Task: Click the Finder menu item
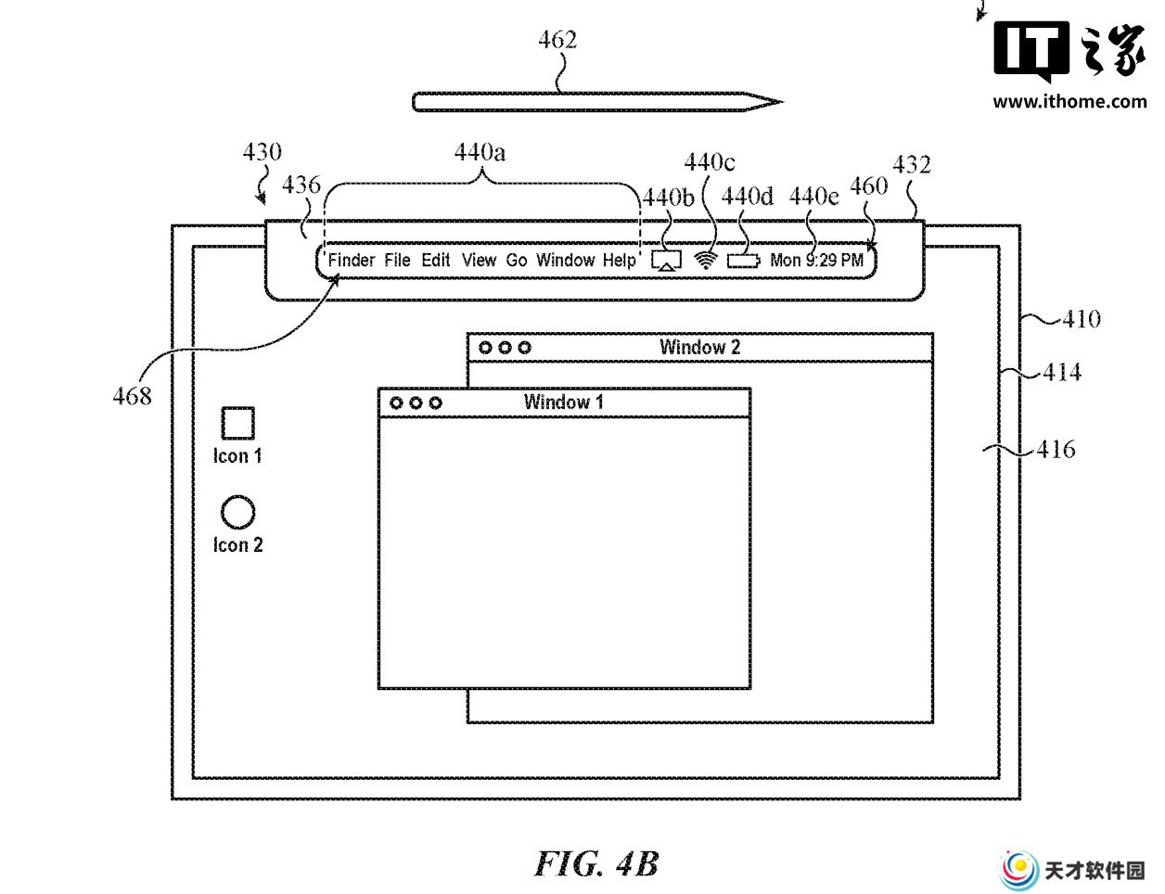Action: click(x=352, y=260)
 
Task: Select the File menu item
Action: click(x=397, y=260)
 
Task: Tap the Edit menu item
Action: click(x=435, y=260)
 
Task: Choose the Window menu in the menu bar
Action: click(x=566, y=260)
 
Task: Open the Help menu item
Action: click(x=620, y=261)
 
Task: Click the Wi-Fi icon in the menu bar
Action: click(x=706, y=261)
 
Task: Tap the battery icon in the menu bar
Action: click(x=744, y=261)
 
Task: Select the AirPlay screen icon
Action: click(x=666, y=261)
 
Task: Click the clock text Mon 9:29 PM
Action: click(x=816, y=260)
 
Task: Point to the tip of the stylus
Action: click(x=782, y=101)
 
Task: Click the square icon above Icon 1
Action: click(x=238, y=424)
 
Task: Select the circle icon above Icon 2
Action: click(x=238, y=512)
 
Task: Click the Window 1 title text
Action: click(x=563, y=402)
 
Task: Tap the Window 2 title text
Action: click(x=699, y=348)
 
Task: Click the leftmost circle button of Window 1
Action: click(x=396, y=403)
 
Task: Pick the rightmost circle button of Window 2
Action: click(x=525, y=348)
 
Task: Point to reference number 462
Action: click(x=557, y=40)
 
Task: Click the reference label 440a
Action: click(x=480, y=152)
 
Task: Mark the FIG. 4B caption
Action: click(x=596, y=863)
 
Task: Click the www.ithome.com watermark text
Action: click(x=1069, y=101)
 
